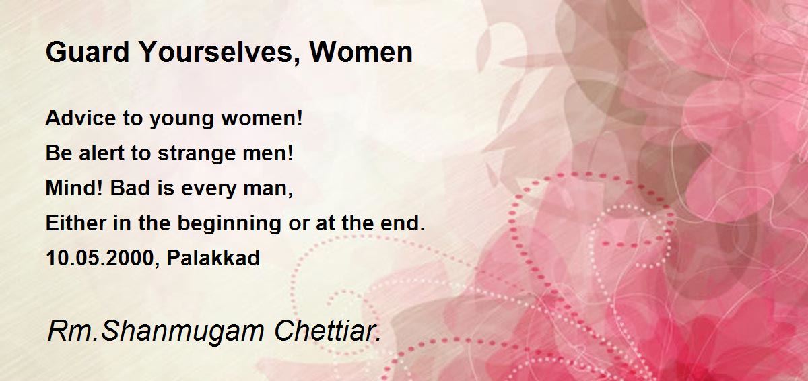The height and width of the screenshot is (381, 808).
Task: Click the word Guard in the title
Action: [x=88, y=52]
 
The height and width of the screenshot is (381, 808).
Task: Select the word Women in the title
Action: [x=361, y=52]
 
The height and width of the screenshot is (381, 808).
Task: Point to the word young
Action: [x=182, y=120]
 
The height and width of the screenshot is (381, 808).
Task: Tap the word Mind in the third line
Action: [x=74, y=188]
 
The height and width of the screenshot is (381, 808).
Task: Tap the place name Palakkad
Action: [x=213, y=258]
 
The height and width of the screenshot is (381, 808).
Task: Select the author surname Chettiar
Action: [x=327, y=331]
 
